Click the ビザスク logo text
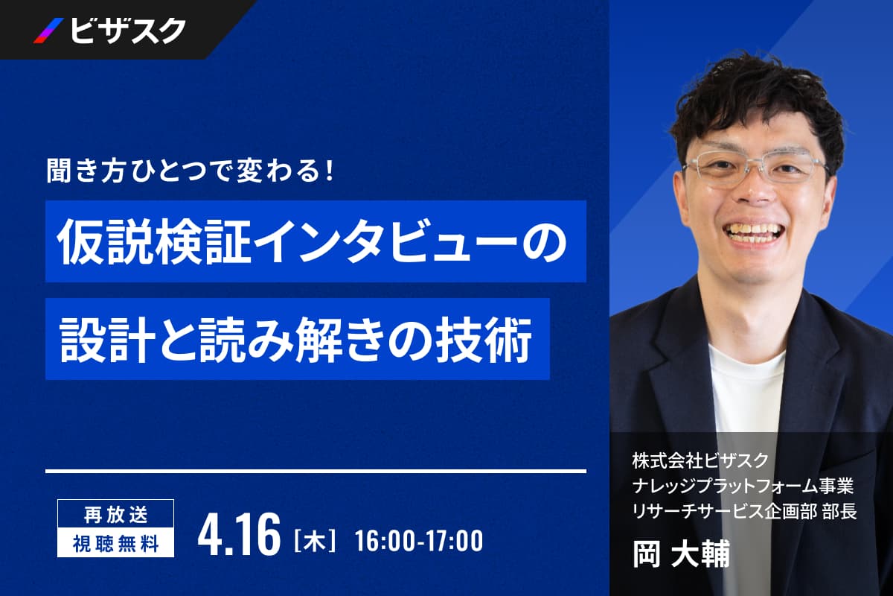[128, 31]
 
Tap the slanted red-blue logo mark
[48, 31]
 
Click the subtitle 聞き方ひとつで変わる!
[190, 171]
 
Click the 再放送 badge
[115, 514]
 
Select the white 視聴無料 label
[115, 542]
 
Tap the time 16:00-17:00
[419, 541]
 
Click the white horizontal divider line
[316, 472]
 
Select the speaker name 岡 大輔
[681, 554]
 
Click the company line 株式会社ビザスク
[700, 460]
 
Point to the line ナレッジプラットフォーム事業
[743, 486]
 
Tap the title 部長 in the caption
[839, 512]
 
